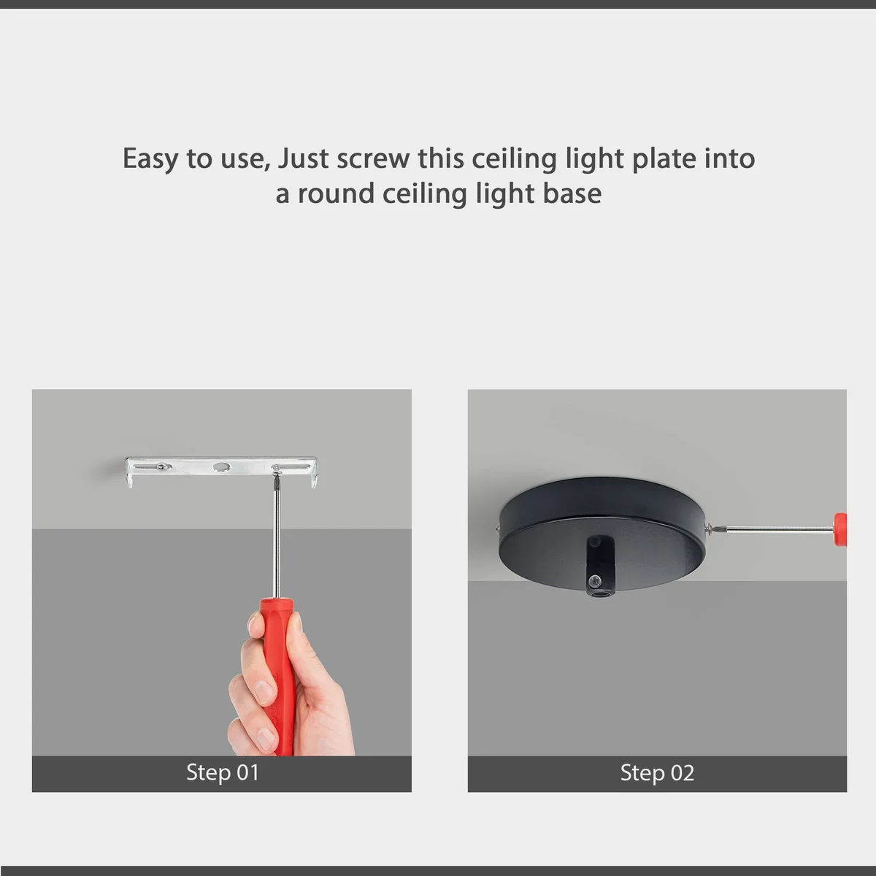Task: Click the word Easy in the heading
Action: (150, 159)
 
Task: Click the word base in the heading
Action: (572, 194)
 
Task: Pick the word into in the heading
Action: (729, 159)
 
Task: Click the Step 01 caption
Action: (222, 773)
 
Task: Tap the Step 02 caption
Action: (657, 773)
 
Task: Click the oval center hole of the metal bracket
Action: (221, 466)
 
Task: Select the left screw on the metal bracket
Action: (167, 466)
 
